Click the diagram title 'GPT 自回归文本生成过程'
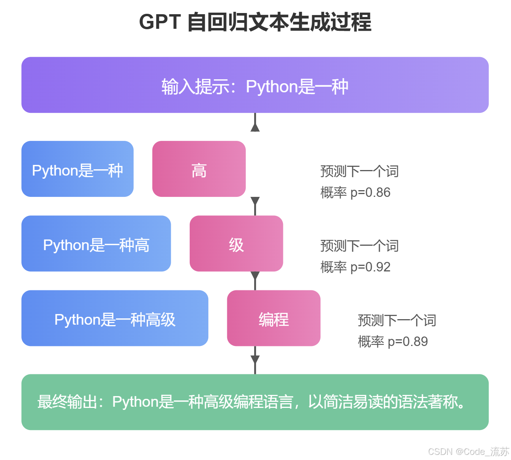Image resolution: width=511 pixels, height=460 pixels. coord(255,22)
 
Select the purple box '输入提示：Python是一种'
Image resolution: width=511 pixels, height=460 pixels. coord(255,85)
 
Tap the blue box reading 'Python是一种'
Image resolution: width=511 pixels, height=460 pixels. coord(77,169)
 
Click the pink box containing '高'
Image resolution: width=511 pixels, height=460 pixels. coord(199,169)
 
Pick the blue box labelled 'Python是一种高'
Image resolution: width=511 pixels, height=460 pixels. coord(96,243)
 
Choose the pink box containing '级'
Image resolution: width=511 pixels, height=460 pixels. coord(236,243)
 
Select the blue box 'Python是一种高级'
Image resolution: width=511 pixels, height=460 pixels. coord(115,318)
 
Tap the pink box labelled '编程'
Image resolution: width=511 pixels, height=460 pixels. coord(273,318)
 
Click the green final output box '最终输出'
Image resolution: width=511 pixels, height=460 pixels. coord(255,402)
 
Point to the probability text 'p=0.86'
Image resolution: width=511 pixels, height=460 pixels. coord(370,193)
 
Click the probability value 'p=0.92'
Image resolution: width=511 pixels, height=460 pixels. coord(370,267)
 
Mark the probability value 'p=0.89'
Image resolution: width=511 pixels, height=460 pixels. coord(408,342)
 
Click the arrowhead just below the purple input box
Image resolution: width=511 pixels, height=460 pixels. coord(255,127)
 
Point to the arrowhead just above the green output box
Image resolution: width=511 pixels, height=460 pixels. coord(255,359)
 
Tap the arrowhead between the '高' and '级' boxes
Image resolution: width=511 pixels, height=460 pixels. coord(255,201)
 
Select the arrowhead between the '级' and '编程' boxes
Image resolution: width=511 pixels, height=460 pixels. coord(255,276)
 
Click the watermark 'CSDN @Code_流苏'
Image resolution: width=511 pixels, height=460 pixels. coord(468,452)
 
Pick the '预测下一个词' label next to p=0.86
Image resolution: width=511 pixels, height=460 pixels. coord(359,172)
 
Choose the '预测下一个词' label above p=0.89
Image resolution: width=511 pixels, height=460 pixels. coord(397,321)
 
